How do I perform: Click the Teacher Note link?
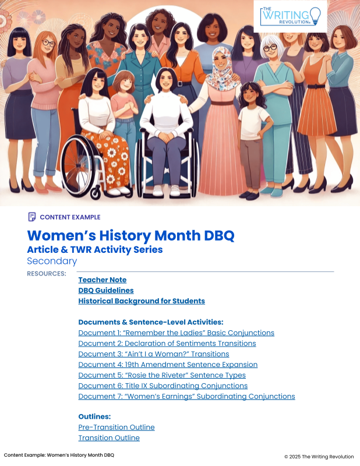(x=103, y=280)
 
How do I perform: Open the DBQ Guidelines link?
(x=106, y=290)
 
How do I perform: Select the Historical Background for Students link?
(x=142, y=301)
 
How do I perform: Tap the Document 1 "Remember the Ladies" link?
(x=177, y=333)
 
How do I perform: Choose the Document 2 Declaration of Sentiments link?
(x=167, y=344)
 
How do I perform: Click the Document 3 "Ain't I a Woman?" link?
(x=154, y=354)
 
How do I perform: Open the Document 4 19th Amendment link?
(x=168, y=365)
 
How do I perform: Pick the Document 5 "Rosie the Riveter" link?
(x=162, y=375)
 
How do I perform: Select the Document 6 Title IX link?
(x=163, y=386)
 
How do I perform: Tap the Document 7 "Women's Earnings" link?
(x=186, y=397)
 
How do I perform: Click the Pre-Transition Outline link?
(x=117, y=428)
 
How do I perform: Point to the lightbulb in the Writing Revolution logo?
(x=315, y=16)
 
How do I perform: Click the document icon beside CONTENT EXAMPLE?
(x=32, y=217)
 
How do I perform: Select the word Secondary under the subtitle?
(x=52, y=261)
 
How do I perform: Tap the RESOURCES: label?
(x=47, y=273)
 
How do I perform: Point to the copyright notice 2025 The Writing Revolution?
(x=319, y=457)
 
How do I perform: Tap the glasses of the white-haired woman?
(x=270, y=48)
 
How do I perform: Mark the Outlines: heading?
(x=94, y=416)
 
